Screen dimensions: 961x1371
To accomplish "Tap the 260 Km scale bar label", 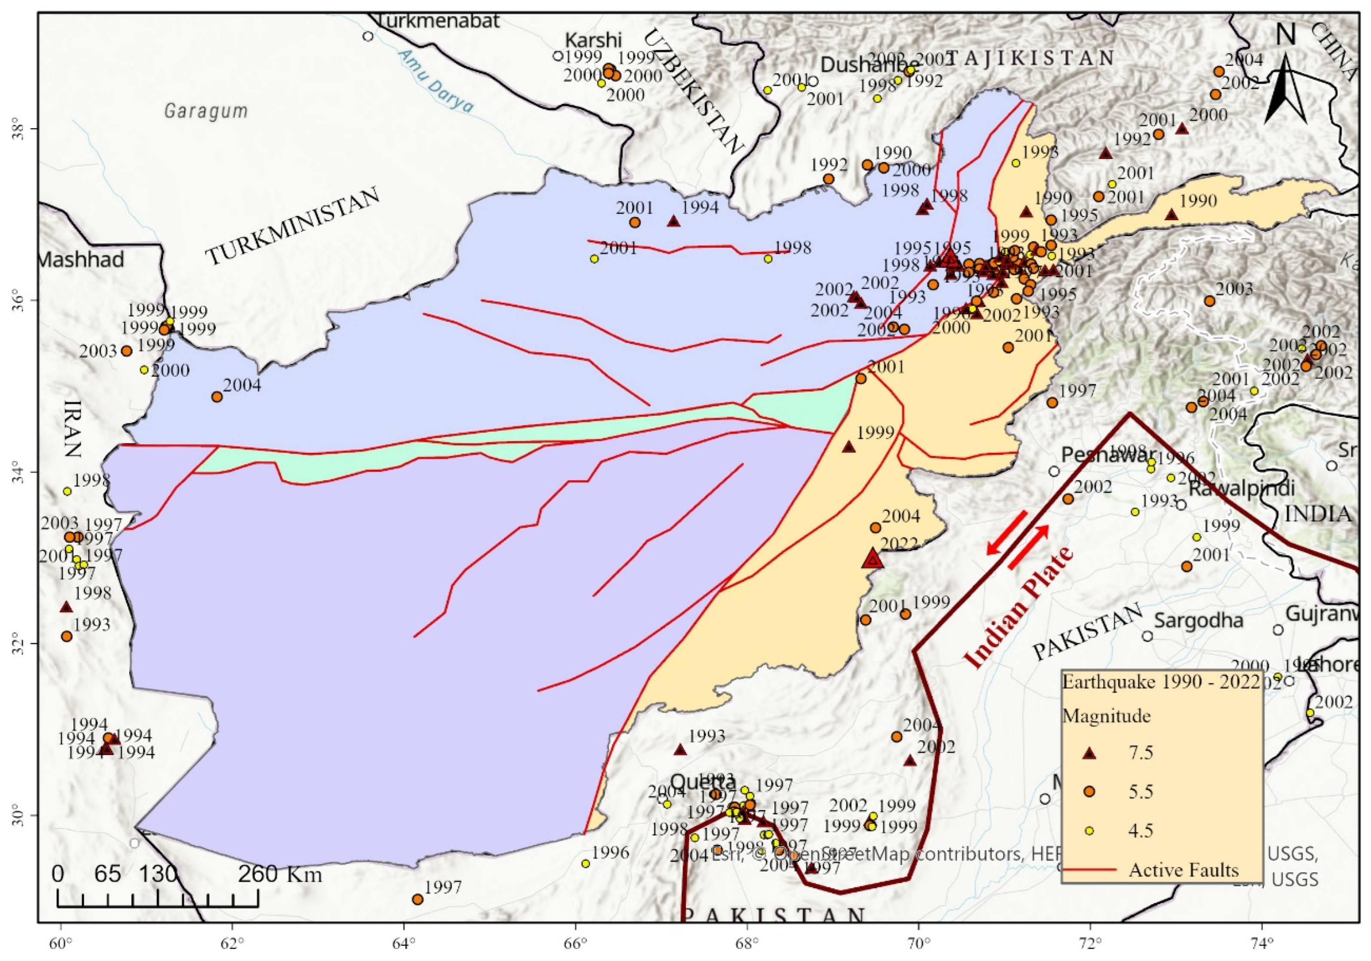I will click(280, 875).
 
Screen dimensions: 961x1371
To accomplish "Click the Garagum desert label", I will click(206, 111).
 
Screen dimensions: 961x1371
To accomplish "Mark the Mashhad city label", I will click(81, 260).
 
